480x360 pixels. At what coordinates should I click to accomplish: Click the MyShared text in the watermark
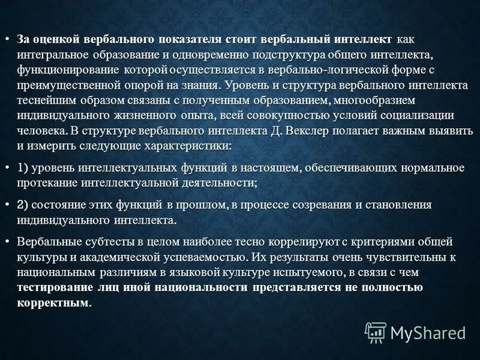coord(428,332)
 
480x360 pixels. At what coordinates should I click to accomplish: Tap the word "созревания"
coord(322,205)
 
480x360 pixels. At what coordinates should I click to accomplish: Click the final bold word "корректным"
coord(54,302)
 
